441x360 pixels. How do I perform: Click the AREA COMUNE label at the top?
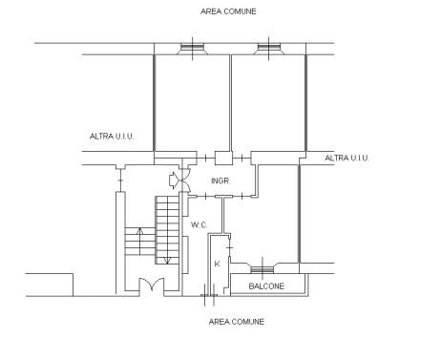coord(228,11)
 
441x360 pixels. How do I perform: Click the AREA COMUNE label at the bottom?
coord(237,322)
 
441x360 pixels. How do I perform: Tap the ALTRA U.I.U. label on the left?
coord(112,137)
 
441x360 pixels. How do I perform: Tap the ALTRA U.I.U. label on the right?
coord(346,158)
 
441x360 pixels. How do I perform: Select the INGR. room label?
coord(220,180)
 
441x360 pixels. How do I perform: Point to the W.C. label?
coord(199,225)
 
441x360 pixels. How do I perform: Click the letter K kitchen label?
coord(218,264)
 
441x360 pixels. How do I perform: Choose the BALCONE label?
coord(266,286)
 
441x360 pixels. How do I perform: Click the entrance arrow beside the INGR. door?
coord(174,180)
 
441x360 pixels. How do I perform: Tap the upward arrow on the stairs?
coord(139,241)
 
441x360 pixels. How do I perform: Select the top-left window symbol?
coord(192,49)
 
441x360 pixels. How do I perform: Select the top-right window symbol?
coord(269,49)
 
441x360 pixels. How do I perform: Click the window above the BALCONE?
coord(262,269)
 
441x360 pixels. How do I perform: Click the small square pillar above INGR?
coord(223,159)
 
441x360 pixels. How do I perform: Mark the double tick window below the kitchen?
coord(209,295)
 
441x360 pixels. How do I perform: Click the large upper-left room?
coord(192,103)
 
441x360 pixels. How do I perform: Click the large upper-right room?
coord(268,103)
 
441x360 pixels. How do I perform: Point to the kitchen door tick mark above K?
coord(230,247)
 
